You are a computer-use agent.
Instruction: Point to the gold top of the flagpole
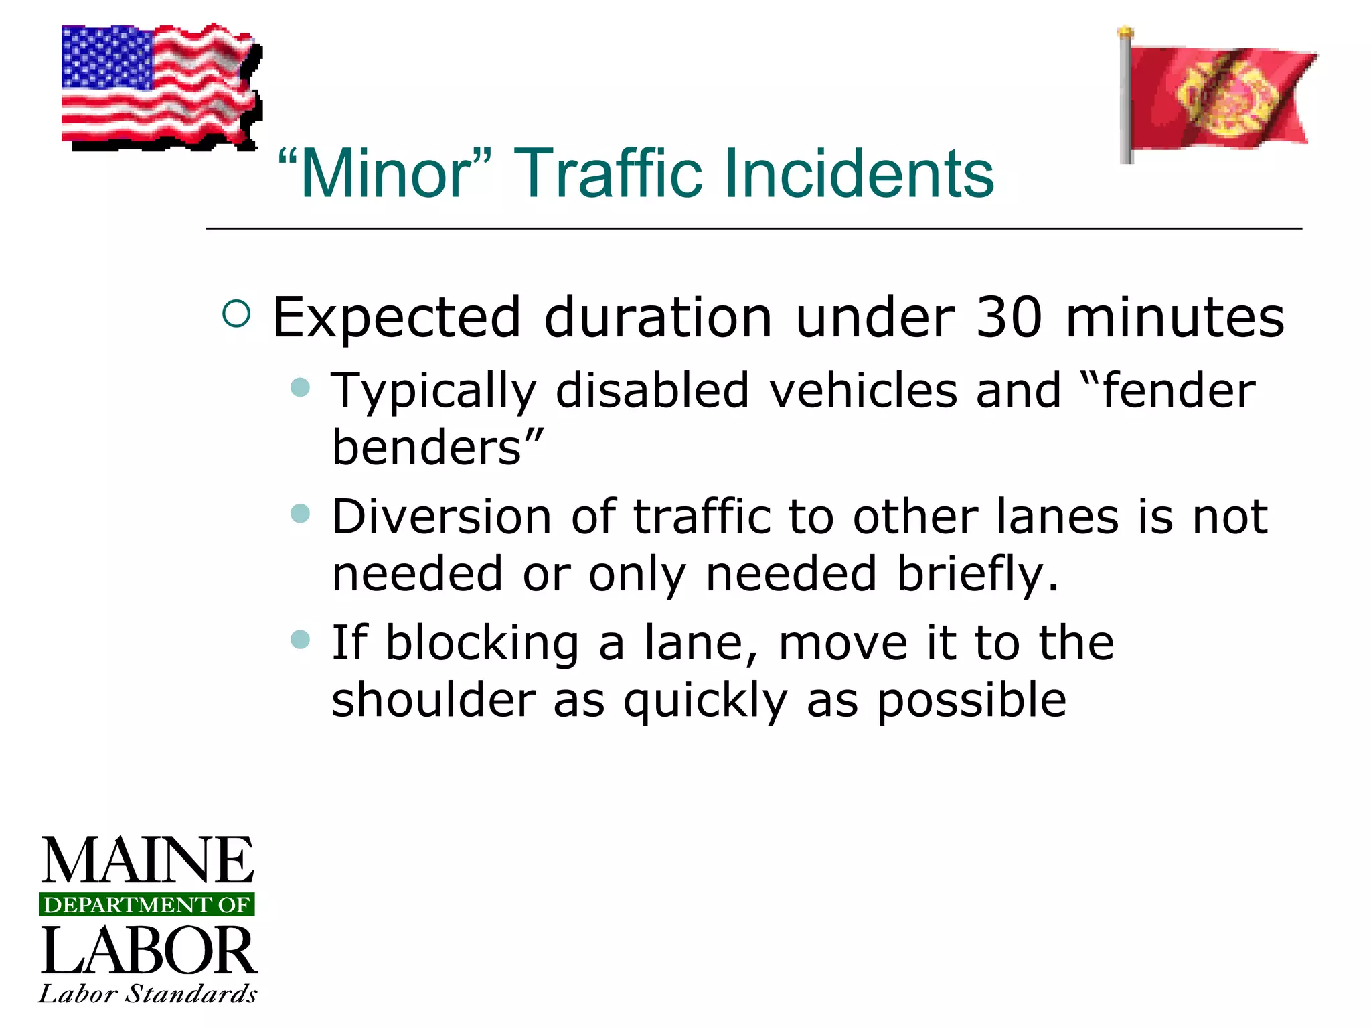point(1126,31)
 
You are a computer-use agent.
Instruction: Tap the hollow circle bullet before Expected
point(236,314)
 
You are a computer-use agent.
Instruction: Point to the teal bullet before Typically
point(301,387)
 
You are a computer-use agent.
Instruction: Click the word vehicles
point(863,391)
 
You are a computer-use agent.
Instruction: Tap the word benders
point(427,448)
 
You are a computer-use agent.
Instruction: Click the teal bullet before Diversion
point(301,514)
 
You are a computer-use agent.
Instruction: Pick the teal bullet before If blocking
point(301,639)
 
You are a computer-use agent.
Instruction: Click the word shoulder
point(434,700)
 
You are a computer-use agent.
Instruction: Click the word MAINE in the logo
point(148,862)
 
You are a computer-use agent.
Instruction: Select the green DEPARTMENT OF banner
point(147,905)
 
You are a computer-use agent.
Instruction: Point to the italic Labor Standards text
point(148,993)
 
